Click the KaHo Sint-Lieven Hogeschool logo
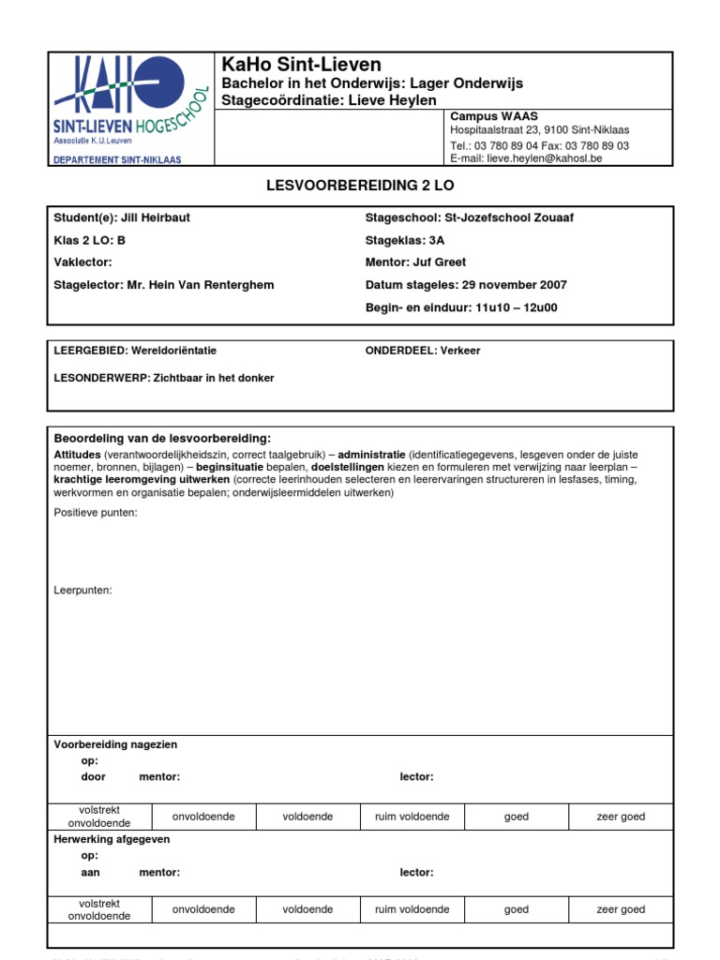click(130, 109)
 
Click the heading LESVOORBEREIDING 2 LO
click(360, 187)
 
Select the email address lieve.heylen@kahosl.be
click(545, 159)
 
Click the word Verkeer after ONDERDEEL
click(459, 351)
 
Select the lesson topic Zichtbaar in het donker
click(214, 378)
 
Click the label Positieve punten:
click(96, 513)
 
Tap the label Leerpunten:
click(83, 591)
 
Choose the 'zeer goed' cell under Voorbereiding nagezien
click(621, 817)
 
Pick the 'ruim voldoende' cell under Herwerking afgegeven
click(412, 909)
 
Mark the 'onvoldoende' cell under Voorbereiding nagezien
click(203, 817)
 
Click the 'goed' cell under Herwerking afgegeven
click(517, 909)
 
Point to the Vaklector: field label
click(83, 262)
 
